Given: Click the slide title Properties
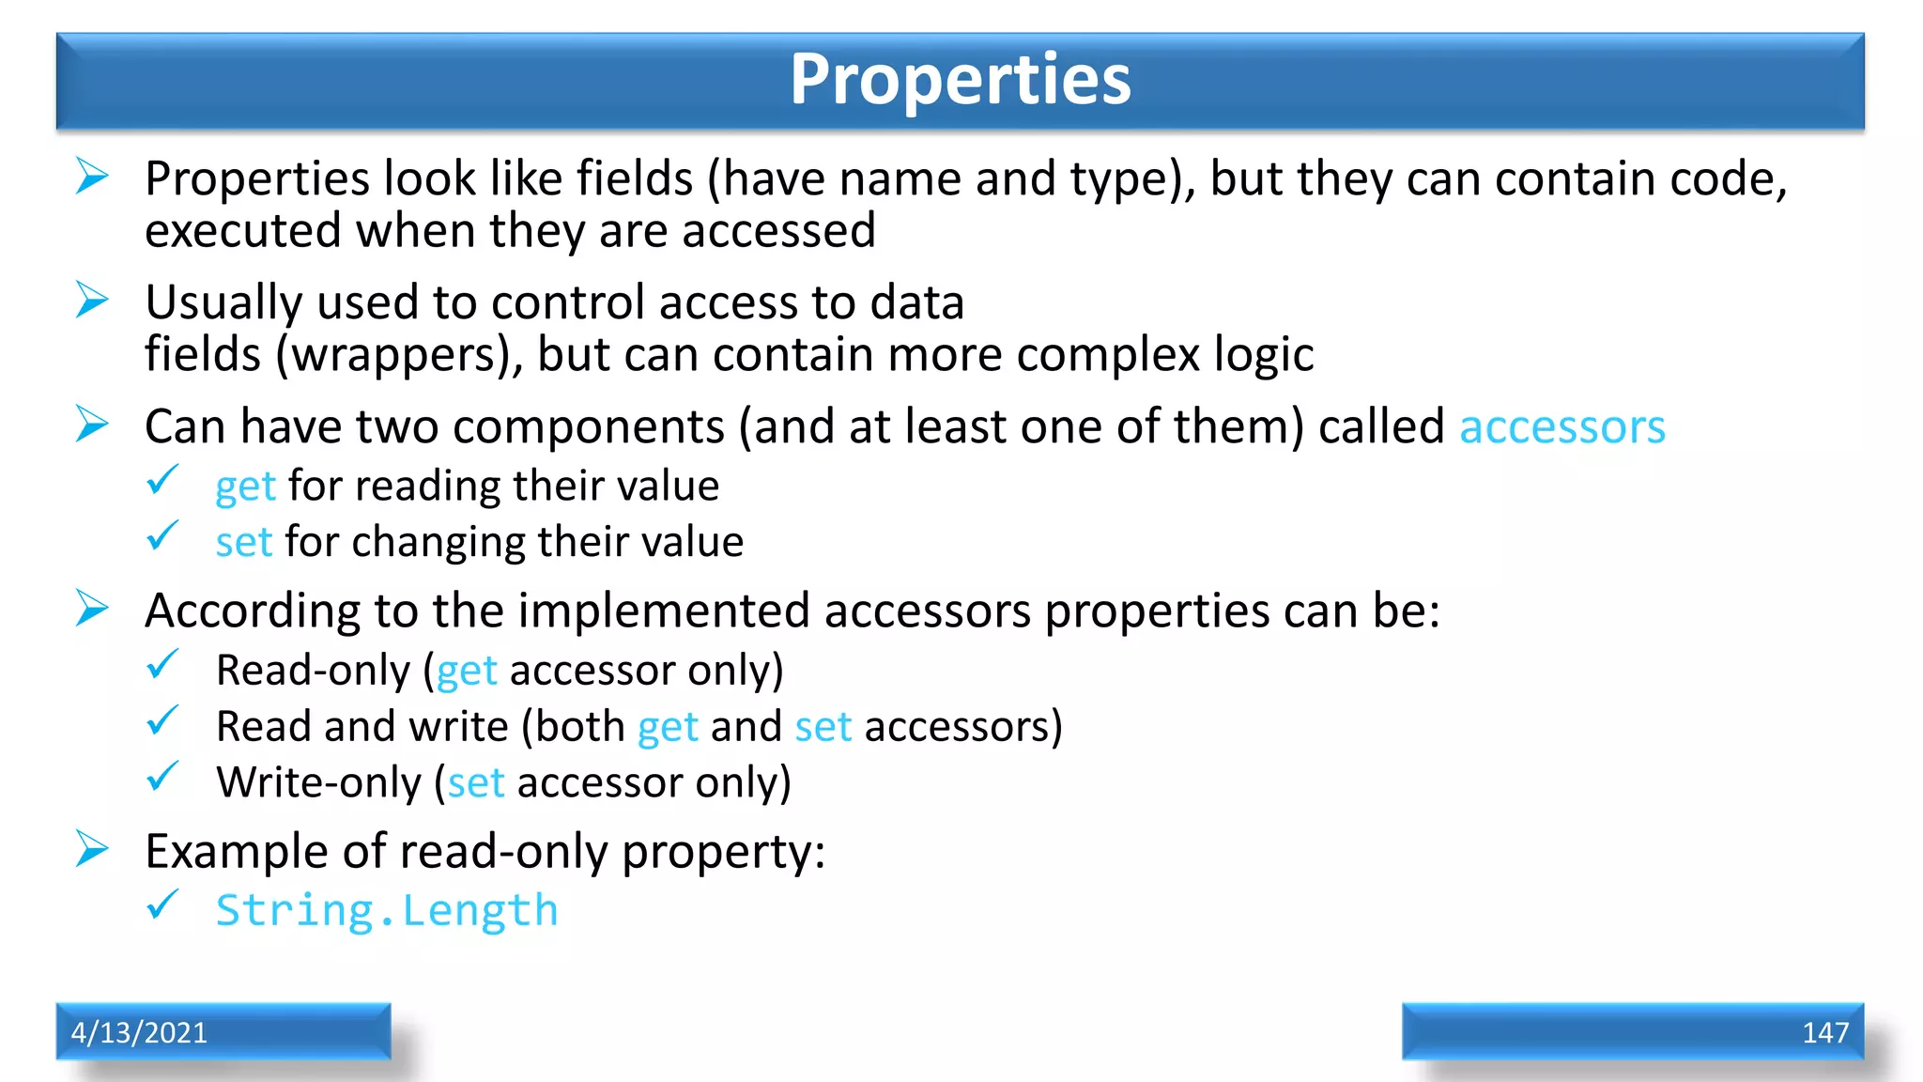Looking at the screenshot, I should (960, 80).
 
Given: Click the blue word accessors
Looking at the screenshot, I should (1561, 427).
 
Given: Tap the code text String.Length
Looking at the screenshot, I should (387, 911).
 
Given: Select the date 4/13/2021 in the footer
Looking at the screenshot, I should (139, 1032).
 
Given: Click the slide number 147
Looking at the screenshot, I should (1824, 1032).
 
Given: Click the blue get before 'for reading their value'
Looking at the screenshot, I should (245, 487).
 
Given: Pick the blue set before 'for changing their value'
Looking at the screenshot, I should (243, 543).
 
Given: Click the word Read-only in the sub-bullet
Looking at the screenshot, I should (313, 671).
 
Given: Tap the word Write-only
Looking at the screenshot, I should (319, 783).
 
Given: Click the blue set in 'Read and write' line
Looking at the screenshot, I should (823, 727).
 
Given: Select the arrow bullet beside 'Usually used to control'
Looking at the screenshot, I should (92, 301).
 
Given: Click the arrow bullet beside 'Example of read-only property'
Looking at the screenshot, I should (92, 849).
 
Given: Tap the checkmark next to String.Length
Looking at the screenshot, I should (162, 905).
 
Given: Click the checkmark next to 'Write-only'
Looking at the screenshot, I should (162, 777).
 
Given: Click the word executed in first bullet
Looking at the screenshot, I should (242, 231).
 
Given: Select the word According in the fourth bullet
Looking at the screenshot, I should (252, 611).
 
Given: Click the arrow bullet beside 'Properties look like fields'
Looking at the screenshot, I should (92, 177).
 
